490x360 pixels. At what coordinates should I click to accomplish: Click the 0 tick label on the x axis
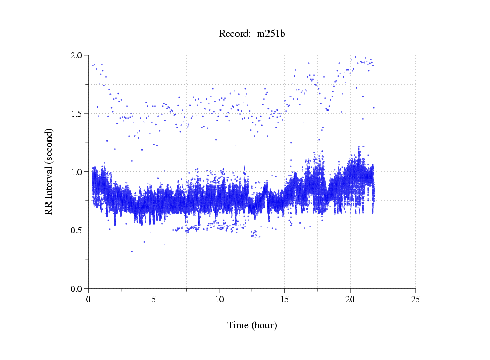89,299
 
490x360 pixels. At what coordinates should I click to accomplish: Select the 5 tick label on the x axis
154,299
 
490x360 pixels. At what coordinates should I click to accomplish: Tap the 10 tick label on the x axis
219,299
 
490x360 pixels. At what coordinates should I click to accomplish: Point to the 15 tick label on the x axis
284,299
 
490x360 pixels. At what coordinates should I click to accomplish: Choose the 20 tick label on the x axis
350,299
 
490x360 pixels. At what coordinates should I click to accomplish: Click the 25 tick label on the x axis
415,299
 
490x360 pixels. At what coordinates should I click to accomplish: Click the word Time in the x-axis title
238,326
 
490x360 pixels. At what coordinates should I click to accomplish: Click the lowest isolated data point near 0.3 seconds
132,251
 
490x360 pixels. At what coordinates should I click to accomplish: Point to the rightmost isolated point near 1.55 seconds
374,108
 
